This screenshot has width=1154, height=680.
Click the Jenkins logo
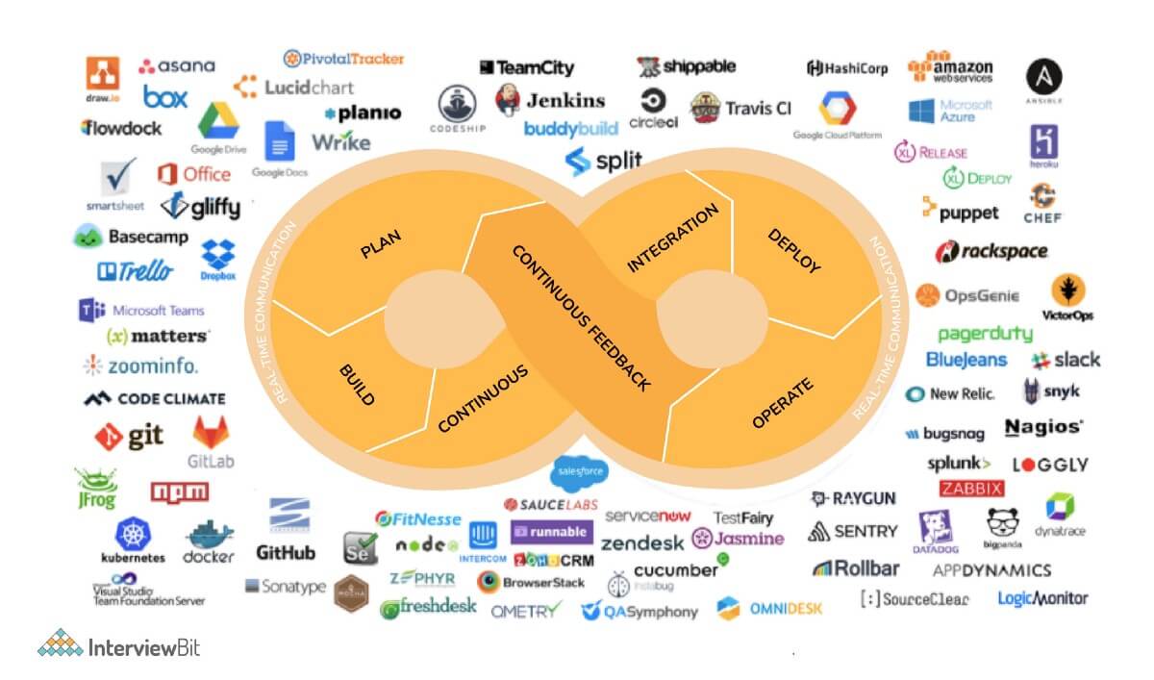coord(550,99)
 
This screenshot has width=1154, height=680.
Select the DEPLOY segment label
coord(793,251)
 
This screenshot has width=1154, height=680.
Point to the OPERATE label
coord(782,404)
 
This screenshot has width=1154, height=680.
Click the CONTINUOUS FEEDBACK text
coord(580,317)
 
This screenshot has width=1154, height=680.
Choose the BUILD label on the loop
coord(357,385)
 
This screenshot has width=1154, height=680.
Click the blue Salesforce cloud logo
coord(579,471)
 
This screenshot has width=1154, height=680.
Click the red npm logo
coord(179,491)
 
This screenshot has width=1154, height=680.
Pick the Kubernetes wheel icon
coord(132,534)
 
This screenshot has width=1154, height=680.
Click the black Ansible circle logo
coord(1043,79)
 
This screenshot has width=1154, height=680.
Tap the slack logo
coord(1065,361)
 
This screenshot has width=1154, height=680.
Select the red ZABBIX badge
coord(971,488)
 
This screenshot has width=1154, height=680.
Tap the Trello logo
coord(135,272)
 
